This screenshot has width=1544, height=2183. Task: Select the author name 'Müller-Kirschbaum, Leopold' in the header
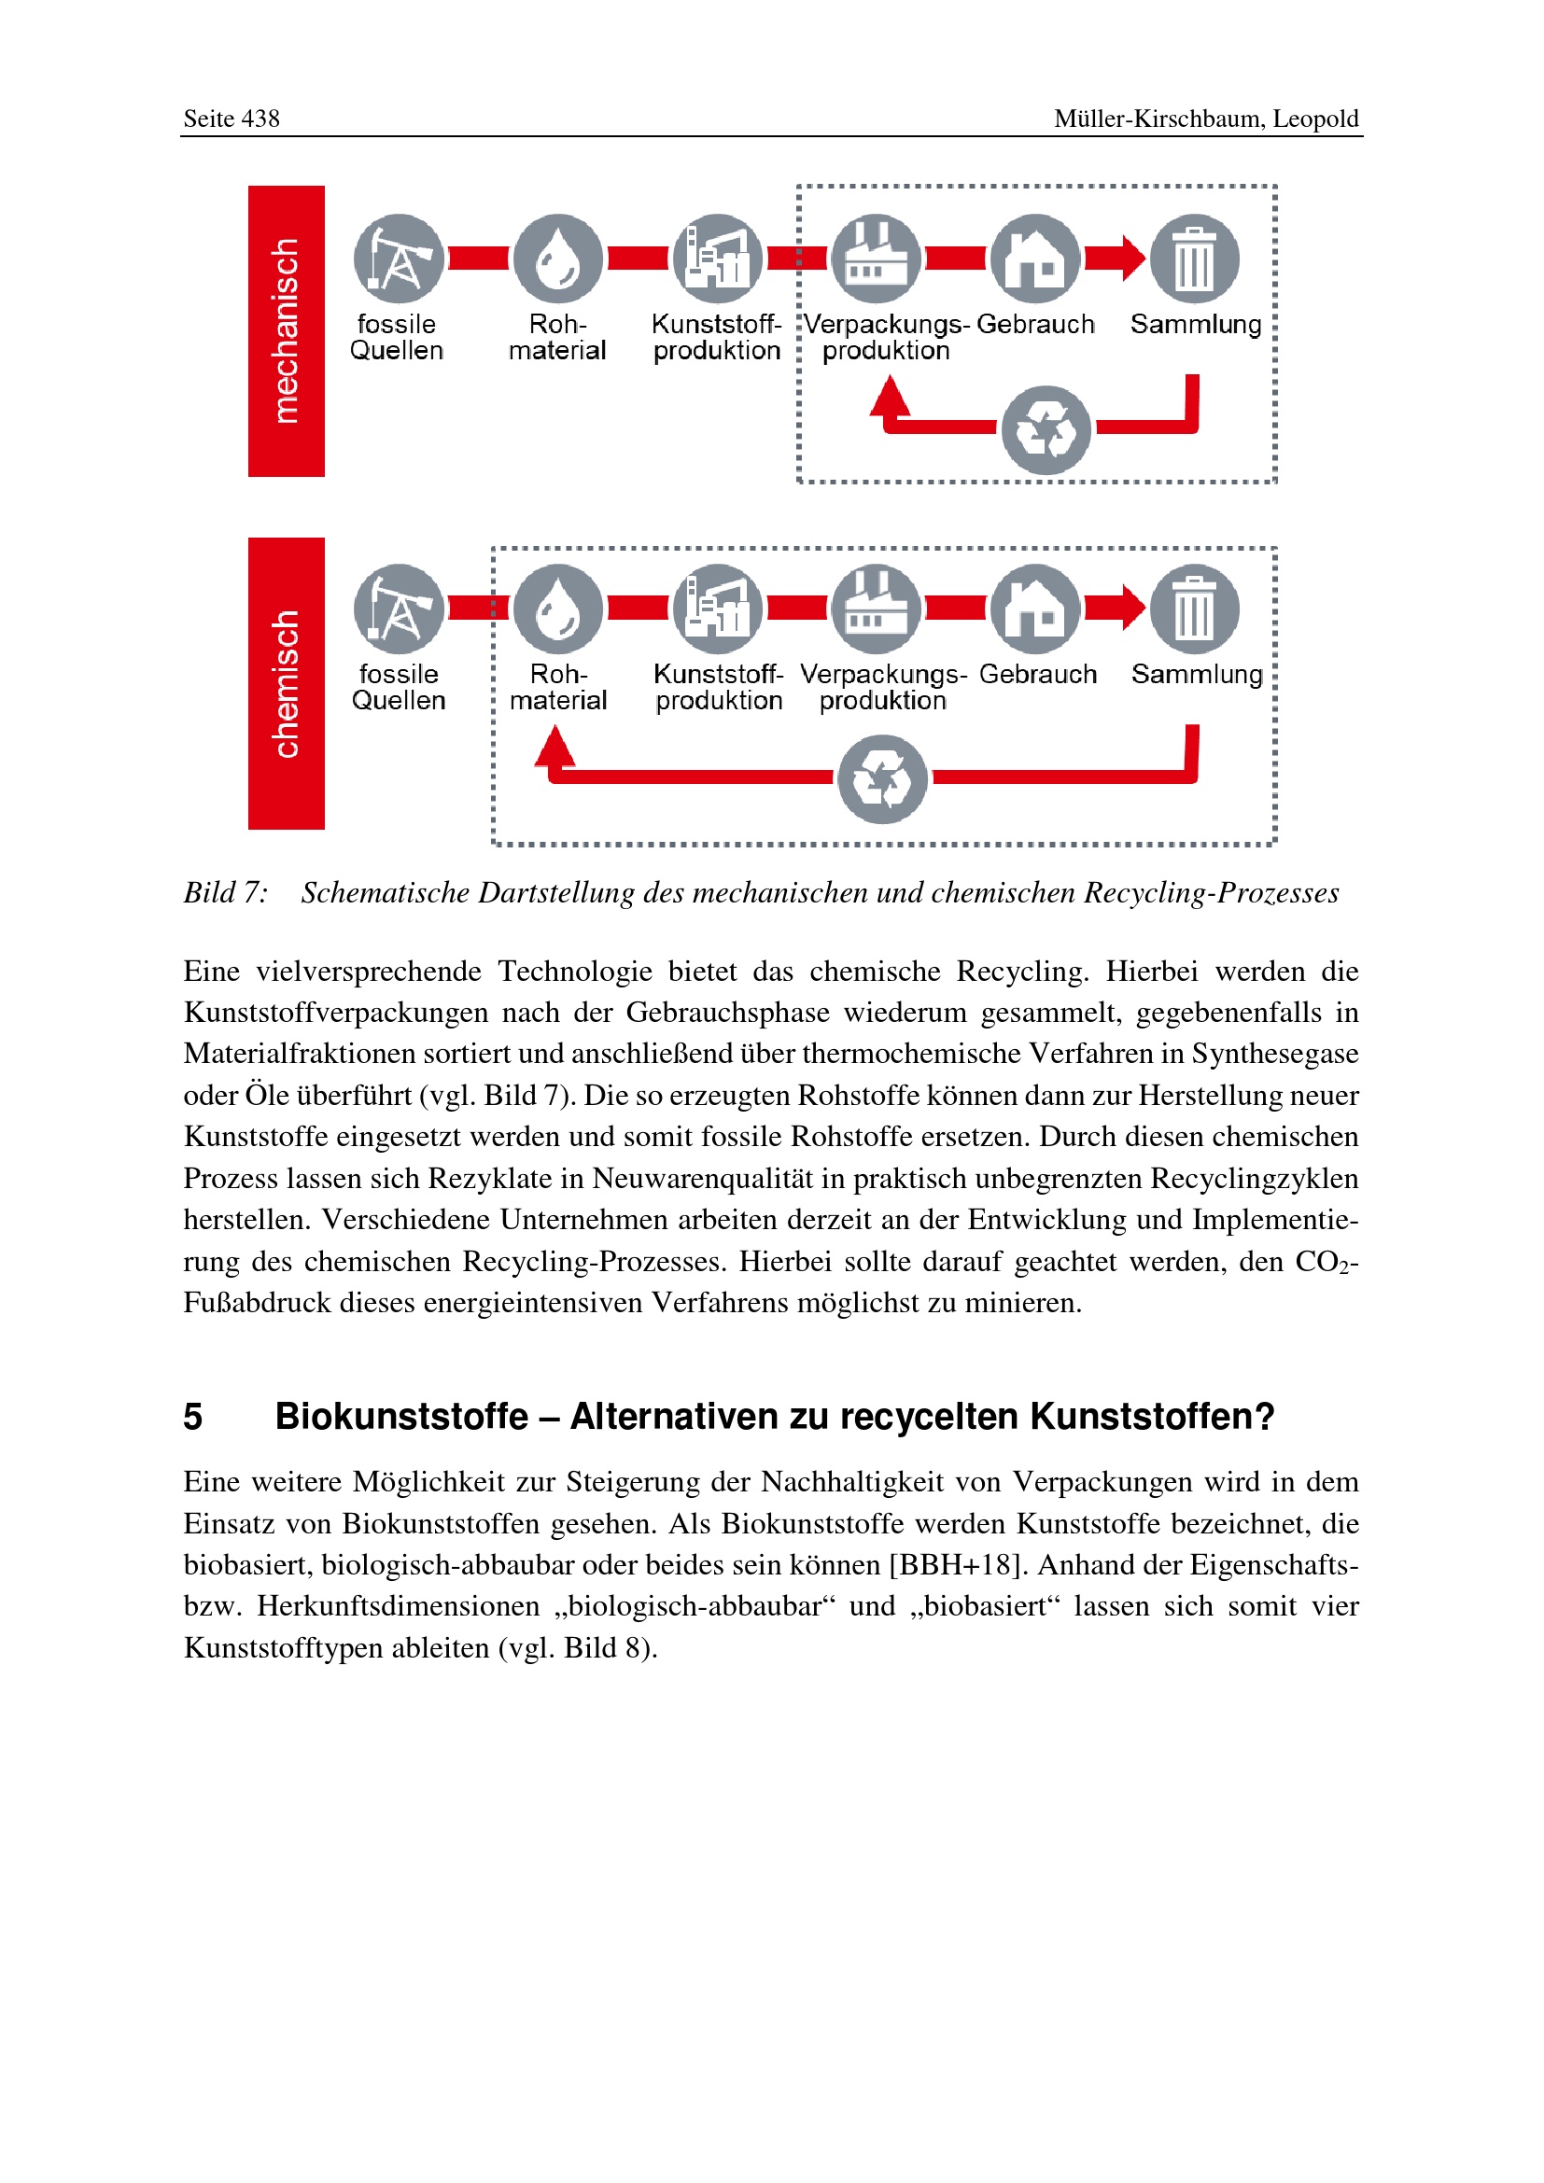(1205, 119)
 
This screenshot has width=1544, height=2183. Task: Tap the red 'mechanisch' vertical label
(287, 331)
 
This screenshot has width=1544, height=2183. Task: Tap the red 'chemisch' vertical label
(287, 683)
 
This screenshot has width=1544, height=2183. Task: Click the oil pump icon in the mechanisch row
(399, 259)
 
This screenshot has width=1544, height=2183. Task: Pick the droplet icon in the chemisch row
(558, 609)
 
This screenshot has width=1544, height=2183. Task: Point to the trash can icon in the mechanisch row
(1194, 259)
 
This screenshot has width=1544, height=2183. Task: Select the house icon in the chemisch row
(1035, 609)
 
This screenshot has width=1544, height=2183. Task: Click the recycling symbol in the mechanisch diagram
(1046, 430)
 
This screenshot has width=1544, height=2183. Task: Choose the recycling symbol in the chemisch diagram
(882, 779)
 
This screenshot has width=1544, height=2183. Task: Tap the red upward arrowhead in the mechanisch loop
(890, 396)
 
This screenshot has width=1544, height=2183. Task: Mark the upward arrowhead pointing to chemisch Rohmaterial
(555, 746)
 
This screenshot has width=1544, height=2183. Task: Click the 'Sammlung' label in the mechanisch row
(1195, 325)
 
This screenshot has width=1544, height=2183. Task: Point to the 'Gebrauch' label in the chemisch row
(1037, 675)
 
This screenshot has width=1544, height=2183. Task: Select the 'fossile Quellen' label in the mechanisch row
(397, 338)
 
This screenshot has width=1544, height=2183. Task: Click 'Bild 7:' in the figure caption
(225, 893)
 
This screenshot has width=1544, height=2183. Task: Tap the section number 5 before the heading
(193, 1417)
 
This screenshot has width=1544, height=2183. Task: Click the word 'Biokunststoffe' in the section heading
(401, 1417)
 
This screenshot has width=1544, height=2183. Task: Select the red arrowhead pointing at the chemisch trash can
(1132, 608)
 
